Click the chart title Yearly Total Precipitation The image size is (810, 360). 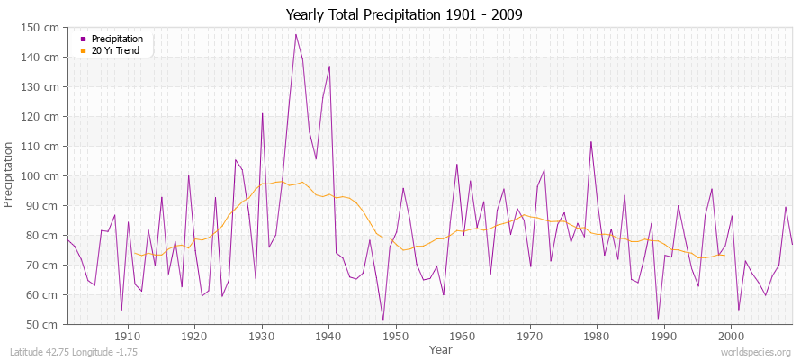[x=404, y=14]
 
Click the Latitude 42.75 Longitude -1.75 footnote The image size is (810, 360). [x=72, y=352]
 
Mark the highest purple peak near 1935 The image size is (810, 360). [x=295, y=34]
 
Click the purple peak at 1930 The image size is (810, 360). [x=262, y=113]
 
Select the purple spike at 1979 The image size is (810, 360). [x=591, y=141]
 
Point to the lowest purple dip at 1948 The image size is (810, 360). [x=382, y=320]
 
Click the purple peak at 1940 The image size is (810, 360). [x=329, y=66]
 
